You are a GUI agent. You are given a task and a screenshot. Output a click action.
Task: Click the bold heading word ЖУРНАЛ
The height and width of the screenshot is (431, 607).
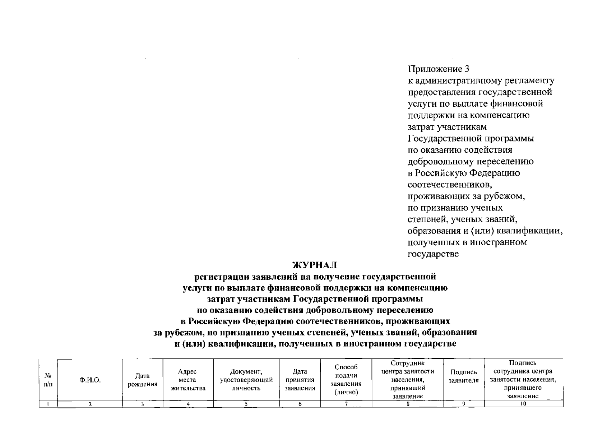pos(315,265)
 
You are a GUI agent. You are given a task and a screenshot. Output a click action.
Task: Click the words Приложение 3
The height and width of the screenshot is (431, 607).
pos(439,69)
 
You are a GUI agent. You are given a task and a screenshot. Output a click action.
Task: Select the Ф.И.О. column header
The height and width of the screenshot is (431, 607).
pos(90,380)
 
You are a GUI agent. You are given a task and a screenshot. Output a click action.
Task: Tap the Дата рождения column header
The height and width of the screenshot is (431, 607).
pos(143,380)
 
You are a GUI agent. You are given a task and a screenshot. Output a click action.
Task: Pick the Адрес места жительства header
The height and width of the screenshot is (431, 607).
pos(188,380)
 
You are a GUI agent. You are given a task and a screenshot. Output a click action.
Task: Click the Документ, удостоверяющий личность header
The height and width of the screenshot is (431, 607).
pos(246,380)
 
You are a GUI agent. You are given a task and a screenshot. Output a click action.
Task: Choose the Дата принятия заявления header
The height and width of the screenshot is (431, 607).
pos(300,380)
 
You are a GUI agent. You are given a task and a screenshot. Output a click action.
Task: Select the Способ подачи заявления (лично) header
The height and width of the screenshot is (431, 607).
pos(346,380)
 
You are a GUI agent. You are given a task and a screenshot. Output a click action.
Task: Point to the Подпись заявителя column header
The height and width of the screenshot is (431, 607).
pos(464,376)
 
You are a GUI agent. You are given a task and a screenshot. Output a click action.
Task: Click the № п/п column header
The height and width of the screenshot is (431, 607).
pos(48,380)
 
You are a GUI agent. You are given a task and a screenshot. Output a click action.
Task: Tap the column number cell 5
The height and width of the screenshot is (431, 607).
pos(246,404)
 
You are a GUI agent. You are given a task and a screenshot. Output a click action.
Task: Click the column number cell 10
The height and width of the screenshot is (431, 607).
pos(523,404)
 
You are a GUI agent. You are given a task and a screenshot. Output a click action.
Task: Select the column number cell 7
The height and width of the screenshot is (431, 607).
pos(346,404)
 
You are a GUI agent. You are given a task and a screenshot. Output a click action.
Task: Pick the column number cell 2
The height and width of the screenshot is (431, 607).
pos(90,404)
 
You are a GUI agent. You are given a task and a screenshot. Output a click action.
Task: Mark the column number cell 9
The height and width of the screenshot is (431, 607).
pos(464,404)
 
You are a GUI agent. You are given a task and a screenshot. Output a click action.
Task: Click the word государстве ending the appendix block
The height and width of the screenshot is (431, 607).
pos(433,254)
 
